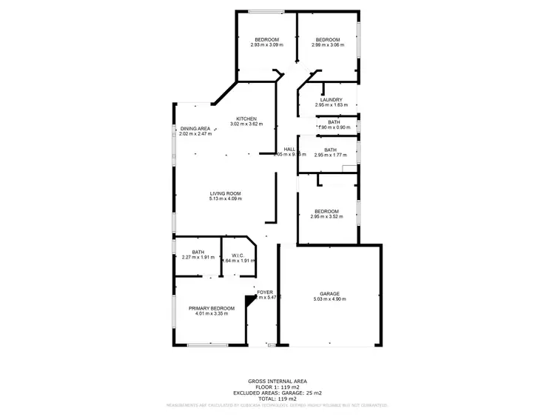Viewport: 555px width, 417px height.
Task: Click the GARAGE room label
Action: [329, 293]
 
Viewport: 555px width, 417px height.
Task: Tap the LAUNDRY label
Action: [331, 100]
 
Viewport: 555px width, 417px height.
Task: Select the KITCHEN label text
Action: [246, 119]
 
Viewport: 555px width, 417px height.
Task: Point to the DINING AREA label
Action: [195, 128]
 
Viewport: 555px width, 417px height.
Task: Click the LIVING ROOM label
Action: [226, 193]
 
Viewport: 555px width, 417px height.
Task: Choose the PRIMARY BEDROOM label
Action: [211, 308]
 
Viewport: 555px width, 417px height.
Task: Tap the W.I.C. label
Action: [238, 254]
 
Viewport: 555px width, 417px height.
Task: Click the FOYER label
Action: [265, 293]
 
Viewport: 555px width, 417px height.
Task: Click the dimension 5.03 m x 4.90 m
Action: [329, 299]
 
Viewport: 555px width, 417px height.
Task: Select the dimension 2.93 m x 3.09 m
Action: [266, 45]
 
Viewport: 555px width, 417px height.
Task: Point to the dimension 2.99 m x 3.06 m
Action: [327, 45]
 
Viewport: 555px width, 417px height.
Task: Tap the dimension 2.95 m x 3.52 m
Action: [326, 216]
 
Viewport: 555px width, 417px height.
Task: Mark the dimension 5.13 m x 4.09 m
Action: [226, 199]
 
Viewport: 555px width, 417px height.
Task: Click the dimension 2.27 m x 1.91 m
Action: [198, 258]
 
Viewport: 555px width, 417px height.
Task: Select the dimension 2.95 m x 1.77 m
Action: [330, 155]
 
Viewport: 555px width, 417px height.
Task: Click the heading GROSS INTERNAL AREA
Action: [277, 381]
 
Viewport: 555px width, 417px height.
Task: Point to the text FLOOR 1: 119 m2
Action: [277, 387]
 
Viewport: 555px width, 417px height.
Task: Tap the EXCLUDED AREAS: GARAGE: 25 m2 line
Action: [277, 393]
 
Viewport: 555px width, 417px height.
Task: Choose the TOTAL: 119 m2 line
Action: [277, 398]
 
